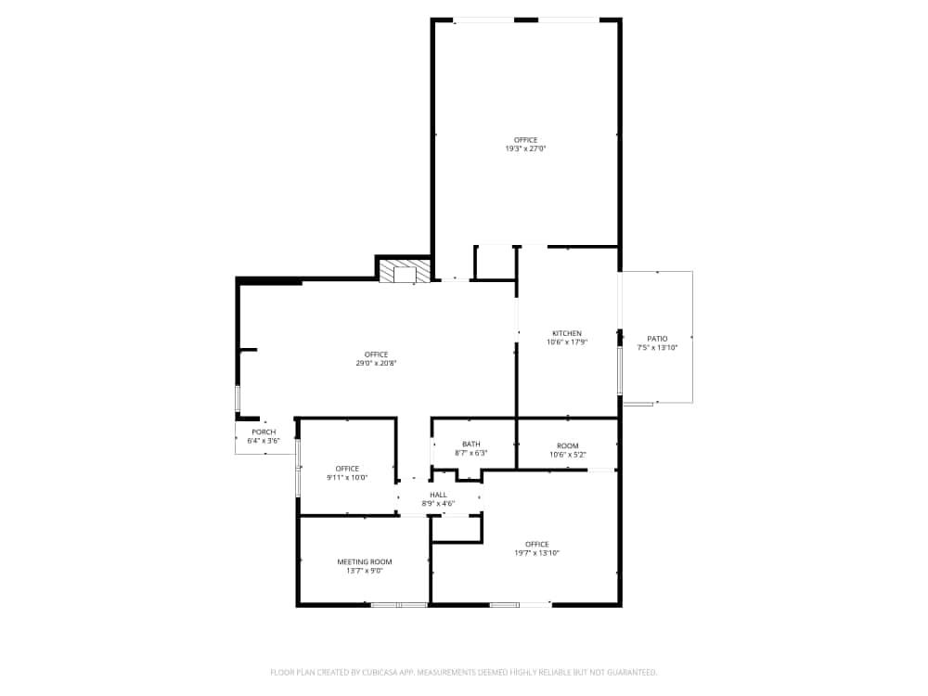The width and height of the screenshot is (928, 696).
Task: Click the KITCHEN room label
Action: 567,333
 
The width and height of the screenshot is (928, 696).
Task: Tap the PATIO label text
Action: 657,339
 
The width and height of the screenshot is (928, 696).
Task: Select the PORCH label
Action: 264,432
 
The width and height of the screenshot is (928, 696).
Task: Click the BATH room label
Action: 470,444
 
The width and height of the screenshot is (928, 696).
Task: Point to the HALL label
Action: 438,495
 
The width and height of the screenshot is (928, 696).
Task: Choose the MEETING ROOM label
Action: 364,561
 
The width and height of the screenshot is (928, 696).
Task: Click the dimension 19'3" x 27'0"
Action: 525,148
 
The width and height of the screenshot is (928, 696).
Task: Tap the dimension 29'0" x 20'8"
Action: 376,363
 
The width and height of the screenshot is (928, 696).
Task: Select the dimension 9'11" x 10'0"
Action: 347,478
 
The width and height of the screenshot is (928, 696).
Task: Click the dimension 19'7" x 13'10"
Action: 536,553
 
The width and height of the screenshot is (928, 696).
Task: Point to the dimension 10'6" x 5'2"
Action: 567,455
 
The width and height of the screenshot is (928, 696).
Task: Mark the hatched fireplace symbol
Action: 405,271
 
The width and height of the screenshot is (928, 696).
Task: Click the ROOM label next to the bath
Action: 567,445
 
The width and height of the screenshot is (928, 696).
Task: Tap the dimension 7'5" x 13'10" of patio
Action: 657,348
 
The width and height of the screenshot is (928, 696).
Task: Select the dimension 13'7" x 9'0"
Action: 364,571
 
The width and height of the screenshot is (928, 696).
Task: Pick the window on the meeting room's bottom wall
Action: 399,605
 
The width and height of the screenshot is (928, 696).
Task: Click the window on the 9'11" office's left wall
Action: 298,467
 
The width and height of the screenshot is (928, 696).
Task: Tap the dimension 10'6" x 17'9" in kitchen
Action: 567,342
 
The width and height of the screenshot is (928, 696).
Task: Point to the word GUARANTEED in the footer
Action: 632,672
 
